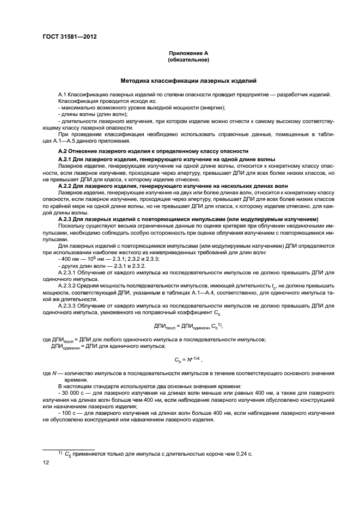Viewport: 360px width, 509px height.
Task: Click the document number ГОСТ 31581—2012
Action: pos(66,38)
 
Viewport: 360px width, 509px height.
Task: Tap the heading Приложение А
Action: pos(188,53)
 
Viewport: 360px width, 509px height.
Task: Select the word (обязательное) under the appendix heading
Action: pos(188,59)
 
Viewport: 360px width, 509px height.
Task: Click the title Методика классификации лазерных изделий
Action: pos(188,81)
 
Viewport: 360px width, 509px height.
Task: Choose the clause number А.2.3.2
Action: pos(70,284)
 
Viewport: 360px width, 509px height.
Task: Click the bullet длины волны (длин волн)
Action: pos(92,114)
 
